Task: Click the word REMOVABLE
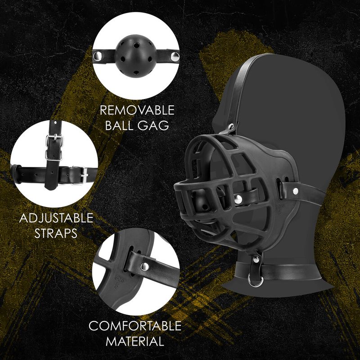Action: pos(137,110)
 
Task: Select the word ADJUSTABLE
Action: pos(56,219)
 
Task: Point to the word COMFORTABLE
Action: pos(135,326)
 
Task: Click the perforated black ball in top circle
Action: pos(134,56)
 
